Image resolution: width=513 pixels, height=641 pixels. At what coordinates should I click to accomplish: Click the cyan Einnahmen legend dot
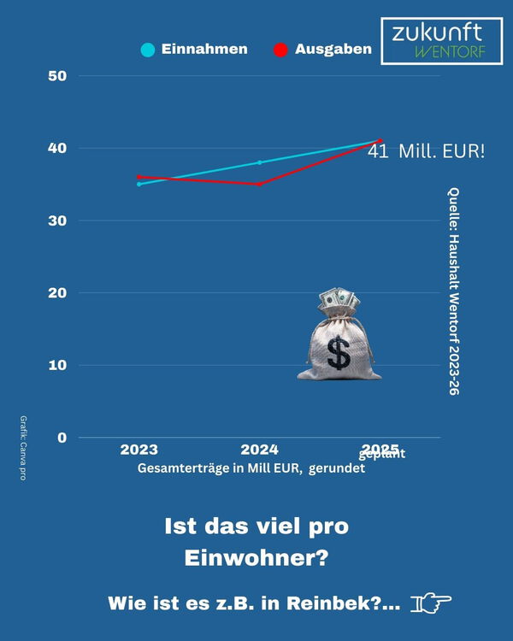148,50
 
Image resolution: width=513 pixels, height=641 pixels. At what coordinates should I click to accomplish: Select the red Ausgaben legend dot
280,50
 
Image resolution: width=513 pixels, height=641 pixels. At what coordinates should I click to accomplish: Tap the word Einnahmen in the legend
204,50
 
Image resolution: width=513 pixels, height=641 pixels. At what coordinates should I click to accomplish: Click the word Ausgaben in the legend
333,50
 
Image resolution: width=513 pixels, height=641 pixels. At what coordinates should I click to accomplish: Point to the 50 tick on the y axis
57,76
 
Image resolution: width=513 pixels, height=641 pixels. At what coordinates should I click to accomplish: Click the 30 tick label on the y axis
57,221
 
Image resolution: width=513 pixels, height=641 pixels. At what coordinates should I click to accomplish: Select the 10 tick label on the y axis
57,365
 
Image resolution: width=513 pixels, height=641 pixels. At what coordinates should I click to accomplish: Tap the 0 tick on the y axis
62,438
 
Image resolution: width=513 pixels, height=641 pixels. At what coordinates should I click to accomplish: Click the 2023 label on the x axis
139,450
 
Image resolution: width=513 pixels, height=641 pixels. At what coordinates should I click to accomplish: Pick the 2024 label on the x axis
259,450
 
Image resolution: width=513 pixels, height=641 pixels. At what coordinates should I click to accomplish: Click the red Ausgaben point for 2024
259,184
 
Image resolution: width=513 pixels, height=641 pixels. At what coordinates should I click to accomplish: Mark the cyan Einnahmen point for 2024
259,162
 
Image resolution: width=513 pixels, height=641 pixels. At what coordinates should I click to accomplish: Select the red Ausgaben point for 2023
139,177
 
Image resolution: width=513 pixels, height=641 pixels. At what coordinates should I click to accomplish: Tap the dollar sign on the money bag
339,352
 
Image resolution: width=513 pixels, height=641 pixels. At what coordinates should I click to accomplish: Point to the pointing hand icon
431,603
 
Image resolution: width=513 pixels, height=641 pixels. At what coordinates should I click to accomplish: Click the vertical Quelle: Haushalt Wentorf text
453,291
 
